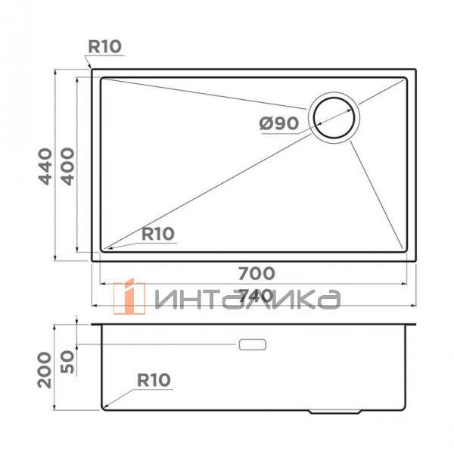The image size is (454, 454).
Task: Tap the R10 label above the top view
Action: (104, 47)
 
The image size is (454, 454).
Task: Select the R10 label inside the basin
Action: (157, 234)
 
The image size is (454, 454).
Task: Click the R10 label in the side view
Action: (154, 379)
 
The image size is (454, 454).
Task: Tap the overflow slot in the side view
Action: (252, 344)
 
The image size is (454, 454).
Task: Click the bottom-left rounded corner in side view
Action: (104, 409)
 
